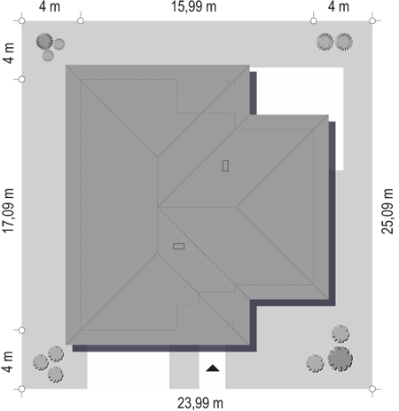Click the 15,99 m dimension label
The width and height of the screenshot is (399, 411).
pyautogui.click(x=193, y=6)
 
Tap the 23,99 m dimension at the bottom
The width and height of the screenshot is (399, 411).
pyautogui.click(x=200, y=403)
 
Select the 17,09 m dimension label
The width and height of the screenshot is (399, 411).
pyautogui.click(x=8, y=210)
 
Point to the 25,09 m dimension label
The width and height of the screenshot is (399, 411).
pyautogui.click(x=387, y=211)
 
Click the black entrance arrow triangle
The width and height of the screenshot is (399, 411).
pyautogui.click(x=213, y=368)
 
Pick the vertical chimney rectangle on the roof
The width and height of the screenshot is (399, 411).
pyautogui.click(x=225, y=166)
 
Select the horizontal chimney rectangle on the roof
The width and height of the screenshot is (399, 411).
pyautogui.click(x=179, y=246)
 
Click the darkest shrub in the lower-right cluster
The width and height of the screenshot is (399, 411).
pyautogui.click(x=340, y=359)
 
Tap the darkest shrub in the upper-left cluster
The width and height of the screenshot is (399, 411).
pyautogui.click(x=44, y=41)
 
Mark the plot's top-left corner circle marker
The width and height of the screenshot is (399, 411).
pyautogui.click(x=21, y=20)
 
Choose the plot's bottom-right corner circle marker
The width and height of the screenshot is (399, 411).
pyautogui.click(x=372, y=389)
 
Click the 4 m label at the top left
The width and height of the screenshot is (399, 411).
pyautogui.click(x=50, y=6)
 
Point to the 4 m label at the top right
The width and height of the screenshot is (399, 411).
pyautogui.click(x=339, y=6)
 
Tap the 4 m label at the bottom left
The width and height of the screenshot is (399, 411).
pyautogui.click(x=8, y=361)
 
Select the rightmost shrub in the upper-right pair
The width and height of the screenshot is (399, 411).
pyautogui.click(x=344, y=42)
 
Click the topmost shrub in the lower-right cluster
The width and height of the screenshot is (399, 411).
pyautogui.click(x=340, y=334)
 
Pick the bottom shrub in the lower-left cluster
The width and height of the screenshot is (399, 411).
pyautogui.click(x=56, y=375)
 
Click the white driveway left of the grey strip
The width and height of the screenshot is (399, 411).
pyautogui.click(x=128, y=370)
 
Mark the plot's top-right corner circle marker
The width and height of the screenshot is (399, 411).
pyautogui.click(x=372, y=20)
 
